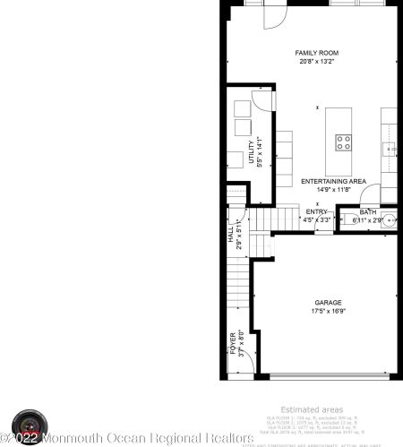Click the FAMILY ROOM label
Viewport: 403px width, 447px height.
(318, 54)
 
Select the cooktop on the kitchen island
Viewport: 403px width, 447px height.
(343, 140)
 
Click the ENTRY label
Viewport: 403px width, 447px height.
(316, 211)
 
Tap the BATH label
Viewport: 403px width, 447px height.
(369, 211)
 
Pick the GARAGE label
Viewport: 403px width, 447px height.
(327, 303)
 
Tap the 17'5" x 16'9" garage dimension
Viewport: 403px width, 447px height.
(327, 312)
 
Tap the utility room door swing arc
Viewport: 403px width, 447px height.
(260, 99)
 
